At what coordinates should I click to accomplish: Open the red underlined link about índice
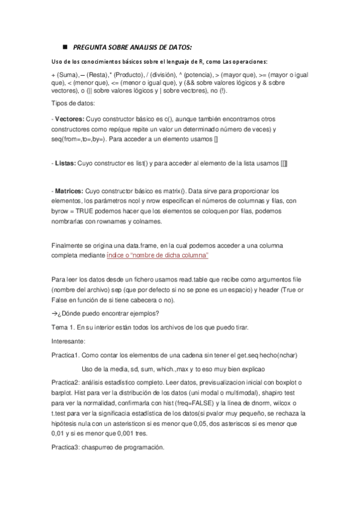157,256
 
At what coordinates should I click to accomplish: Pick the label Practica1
66,355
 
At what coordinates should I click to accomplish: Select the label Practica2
66,382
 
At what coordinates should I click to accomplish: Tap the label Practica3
66,447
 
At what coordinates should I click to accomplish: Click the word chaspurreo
96,447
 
